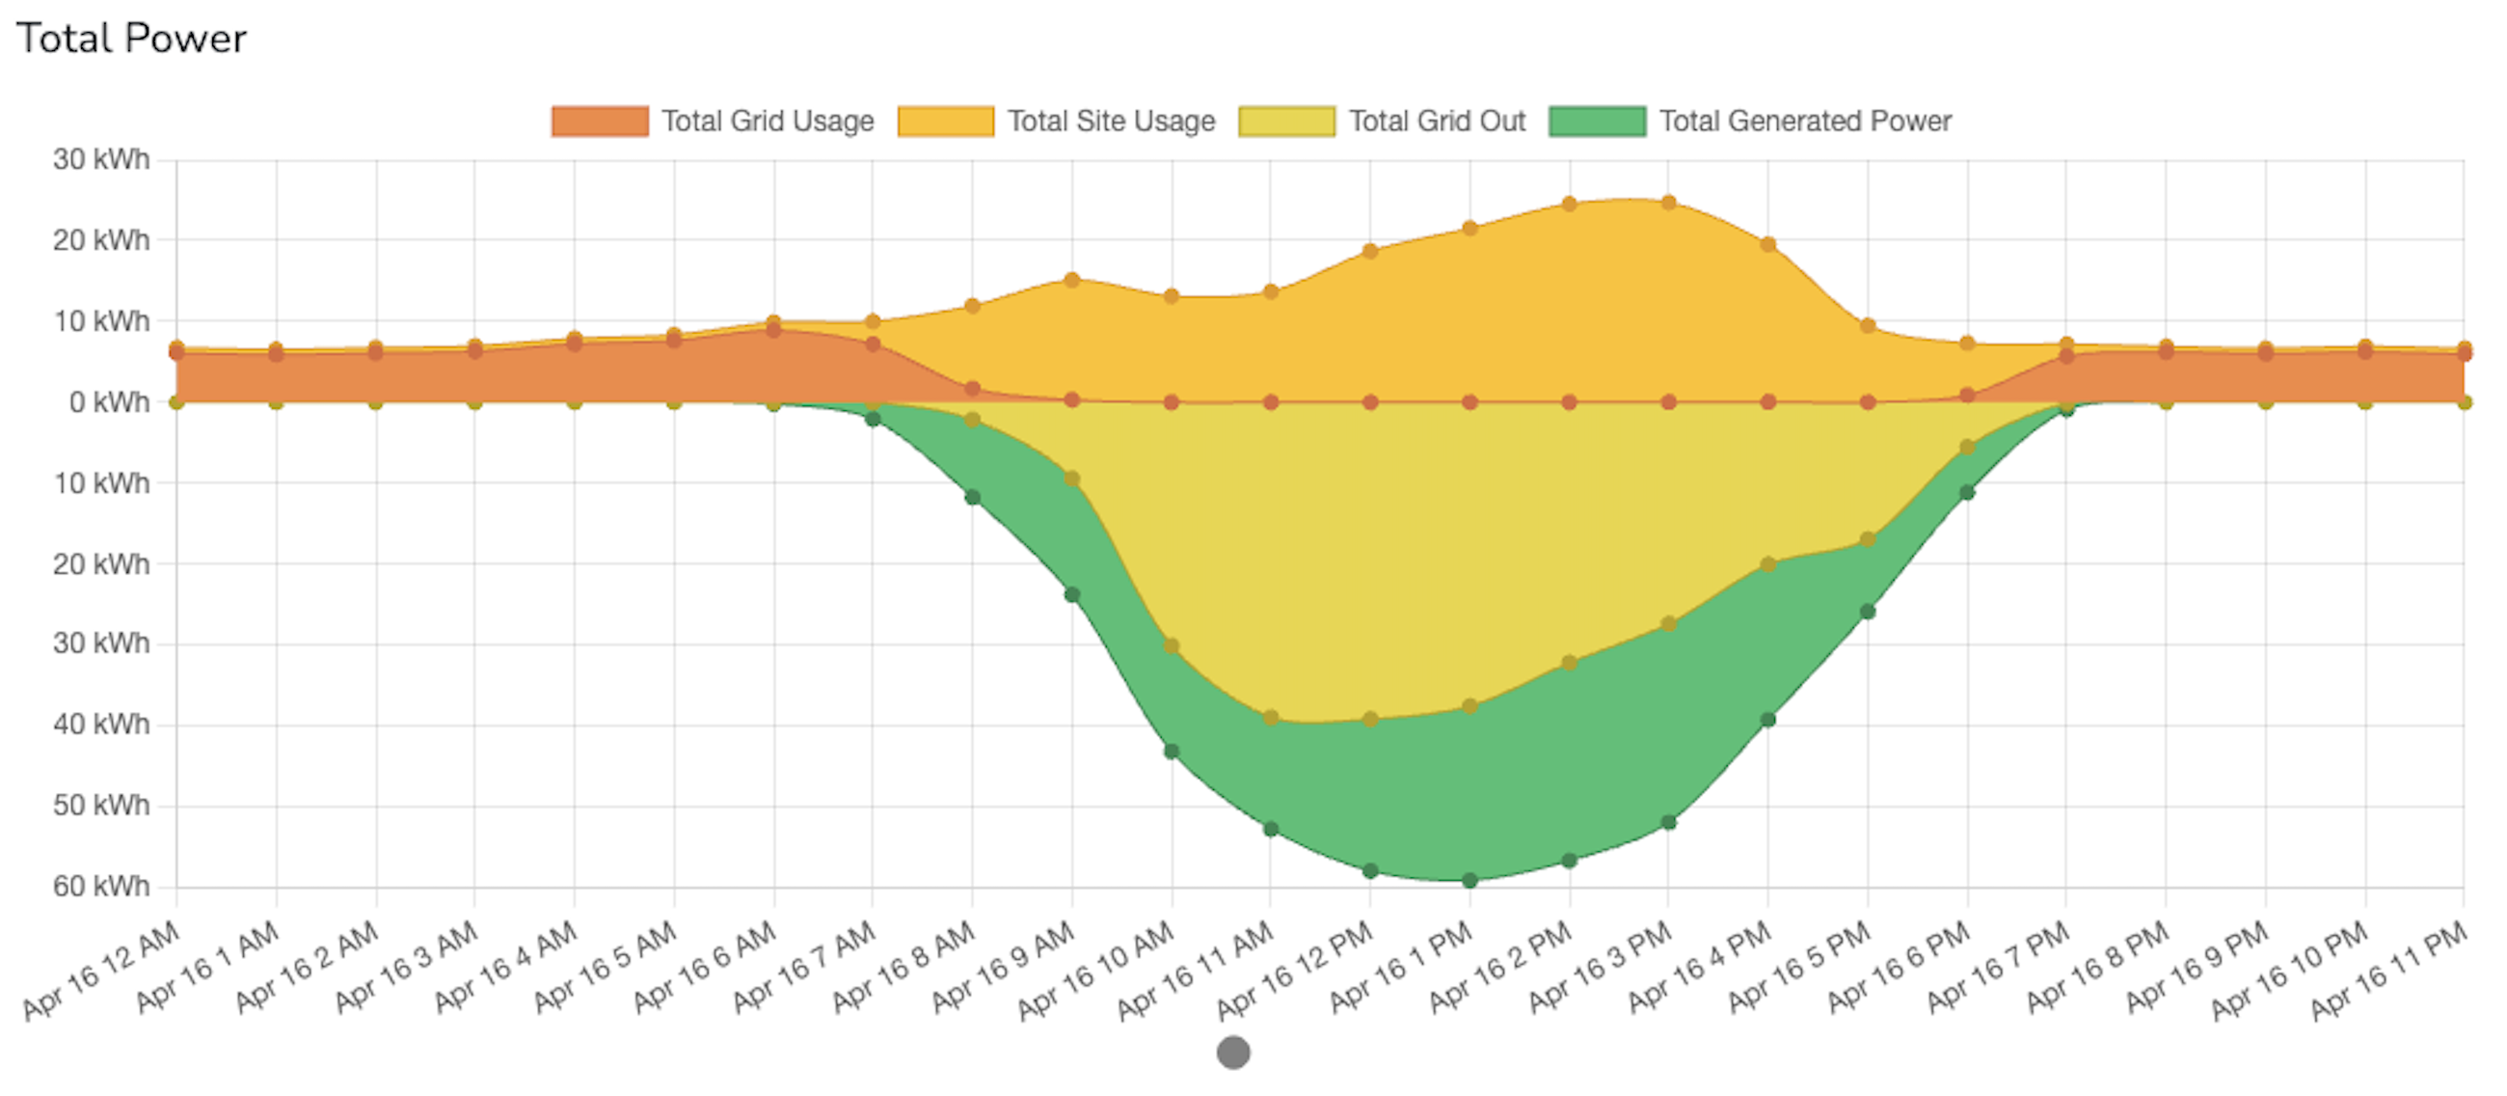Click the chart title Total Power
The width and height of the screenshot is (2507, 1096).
(131, 39)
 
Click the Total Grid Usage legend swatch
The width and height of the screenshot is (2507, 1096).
(600, 122)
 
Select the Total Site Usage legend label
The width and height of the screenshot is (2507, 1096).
(1111, 122)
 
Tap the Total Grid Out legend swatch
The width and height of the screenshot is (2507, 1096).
(1286, 122)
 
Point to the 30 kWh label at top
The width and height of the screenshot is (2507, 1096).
(101, 159)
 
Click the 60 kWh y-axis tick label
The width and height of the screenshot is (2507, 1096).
(101, 887)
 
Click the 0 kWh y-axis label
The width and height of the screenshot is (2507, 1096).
(109, 402)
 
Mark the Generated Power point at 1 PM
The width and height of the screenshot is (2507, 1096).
(1469, 880)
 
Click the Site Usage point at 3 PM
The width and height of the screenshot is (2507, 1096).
(1668, 203)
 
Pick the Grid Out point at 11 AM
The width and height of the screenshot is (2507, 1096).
(1270, 719)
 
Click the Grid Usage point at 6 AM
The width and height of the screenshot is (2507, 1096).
(773, 330)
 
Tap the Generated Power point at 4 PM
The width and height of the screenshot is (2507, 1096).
(1768, 721)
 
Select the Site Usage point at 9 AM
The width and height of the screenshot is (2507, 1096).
(1071, 281)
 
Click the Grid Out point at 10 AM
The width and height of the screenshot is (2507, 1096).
(1171, 646)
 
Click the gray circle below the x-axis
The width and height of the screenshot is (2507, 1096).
(1233, 1053)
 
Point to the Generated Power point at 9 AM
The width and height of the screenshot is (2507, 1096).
(1071, 594)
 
